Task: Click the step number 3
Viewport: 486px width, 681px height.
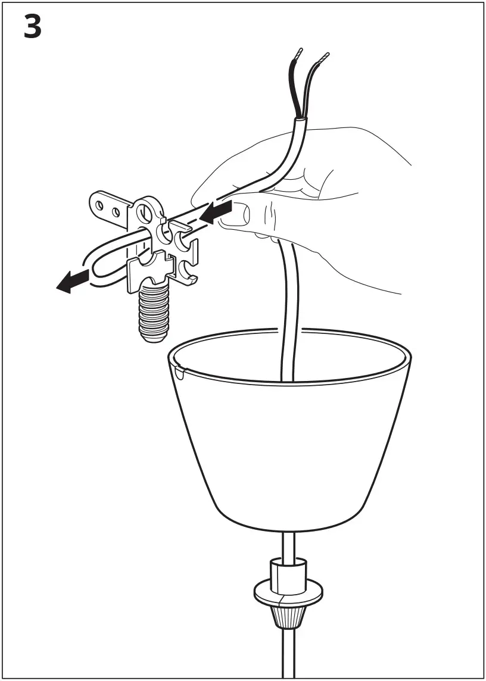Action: tap(33, 28)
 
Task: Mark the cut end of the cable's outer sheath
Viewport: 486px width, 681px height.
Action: tap(301, 122)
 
